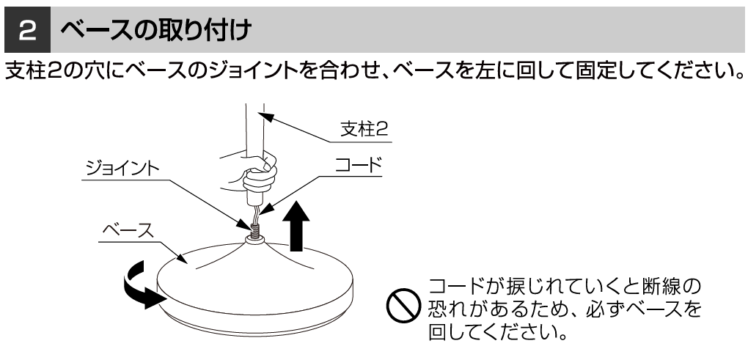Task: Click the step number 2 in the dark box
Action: point(27,31)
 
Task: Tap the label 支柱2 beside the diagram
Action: point(364,129)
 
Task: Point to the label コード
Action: point(359,165)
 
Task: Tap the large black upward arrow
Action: point(296,226)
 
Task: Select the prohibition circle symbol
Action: point(403,306)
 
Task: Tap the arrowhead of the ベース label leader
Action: point(182,257)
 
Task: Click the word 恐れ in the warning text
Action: point(447,309)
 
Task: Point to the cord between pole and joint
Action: point(257,213)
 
